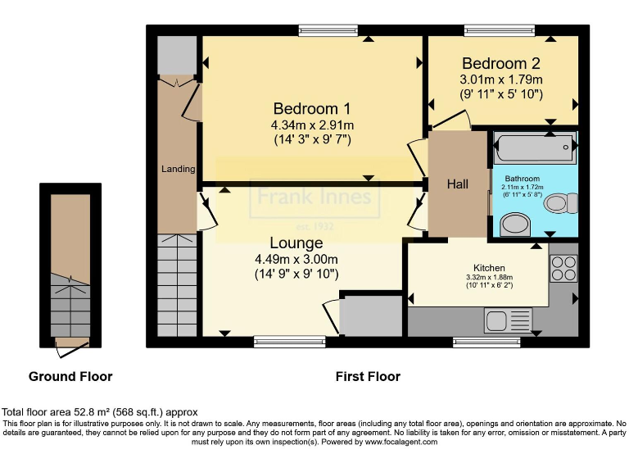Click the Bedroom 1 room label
pyautogui.click(x=312, y=108)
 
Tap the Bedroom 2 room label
pyautogui.click(x=500, y=63)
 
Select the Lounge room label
pyautogui.click(x=296, y=243)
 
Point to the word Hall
pyautogui.click(x=458, y=184)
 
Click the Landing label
pyautogui.click(x=178, y=169)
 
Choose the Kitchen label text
pyautogui.click(x=489, y=268)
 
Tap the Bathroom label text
pyautogui.click(x=522, y=178)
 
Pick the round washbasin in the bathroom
pyautogui.click(x=515, y=224)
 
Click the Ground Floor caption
pyautogui.click(x=70, y=377)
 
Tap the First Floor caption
pyautogui.click(x=368, y=377)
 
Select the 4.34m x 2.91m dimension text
pyautogui.click(x=312, y=125)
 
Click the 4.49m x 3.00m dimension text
pyautogui.click(x=296, y=259)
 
